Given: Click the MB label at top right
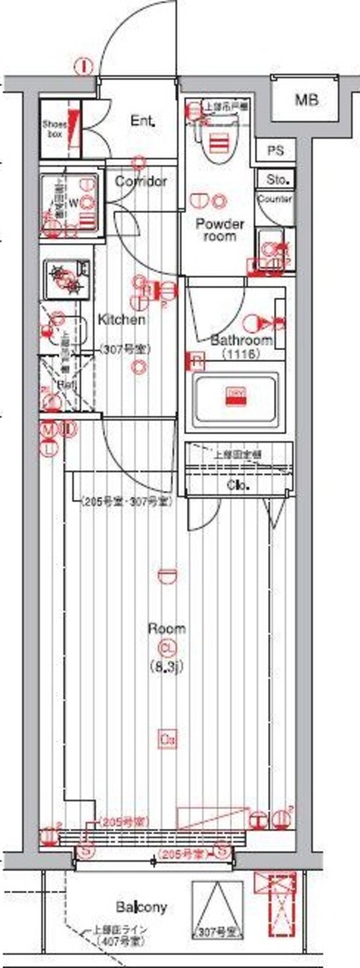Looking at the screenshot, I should tap(306, 100).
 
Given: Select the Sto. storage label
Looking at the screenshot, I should tap(277, 178).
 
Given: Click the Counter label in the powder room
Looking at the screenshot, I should tap(275, 199).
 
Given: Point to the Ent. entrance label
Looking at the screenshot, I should tap(143, 121).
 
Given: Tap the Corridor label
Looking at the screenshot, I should tap(140, 181).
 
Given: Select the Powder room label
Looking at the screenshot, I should tap(220, 230).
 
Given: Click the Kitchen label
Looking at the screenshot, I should tap(122, 319).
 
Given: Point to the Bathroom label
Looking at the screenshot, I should tap(241, 340).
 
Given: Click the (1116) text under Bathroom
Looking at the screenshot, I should tap(241, 354).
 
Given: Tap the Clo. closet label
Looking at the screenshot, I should tap(238, 485).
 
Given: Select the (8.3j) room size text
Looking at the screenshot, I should tap(166, 666).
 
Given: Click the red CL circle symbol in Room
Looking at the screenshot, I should tap(166, 648).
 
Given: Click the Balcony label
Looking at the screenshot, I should tap(142, 907).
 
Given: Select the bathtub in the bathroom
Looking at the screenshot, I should tap(236, 397).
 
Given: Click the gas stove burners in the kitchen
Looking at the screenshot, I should tap(67, 280).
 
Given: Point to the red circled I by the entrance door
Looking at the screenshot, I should tap(85, 65).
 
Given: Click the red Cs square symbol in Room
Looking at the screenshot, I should tap(167, 740).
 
